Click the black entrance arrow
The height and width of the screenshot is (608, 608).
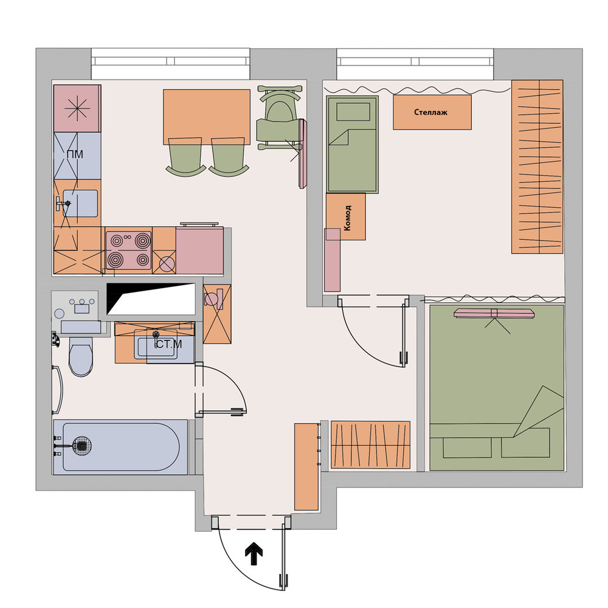pos(254,555)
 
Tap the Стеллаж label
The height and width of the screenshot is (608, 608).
pos(430,112)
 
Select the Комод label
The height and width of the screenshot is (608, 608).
pos(347,218)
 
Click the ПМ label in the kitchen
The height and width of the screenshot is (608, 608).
pos(75,154)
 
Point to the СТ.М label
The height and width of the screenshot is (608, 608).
pos(168,344)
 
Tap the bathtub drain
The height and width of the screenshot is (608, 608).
pos(82,446)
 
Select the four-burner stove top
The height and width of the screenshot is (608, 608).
pos(128,250)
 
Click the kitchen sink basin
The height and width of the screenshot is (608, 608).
pos(80,203)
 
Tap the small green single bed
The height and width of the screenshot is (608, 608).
pos(352,145)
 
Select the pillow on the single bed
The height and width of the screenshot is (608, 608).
pos(353,112)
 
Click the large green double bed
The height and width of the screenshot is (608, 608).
pos(497,388)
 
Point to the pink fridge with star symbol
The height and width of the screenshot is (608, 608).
pos(77,108)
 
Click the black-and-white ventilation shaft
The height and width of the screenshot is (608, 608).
pos(151,299)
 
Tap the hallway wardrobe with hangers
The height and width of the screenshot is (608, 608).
pos(370,444)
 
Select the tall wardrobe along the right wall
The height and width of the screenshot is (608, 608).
pos(537,167)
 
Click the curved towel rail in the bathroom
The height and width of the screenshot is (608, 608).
pos(58,390)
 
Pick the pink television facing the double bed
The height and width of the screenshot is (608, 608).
pos(494,313)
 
